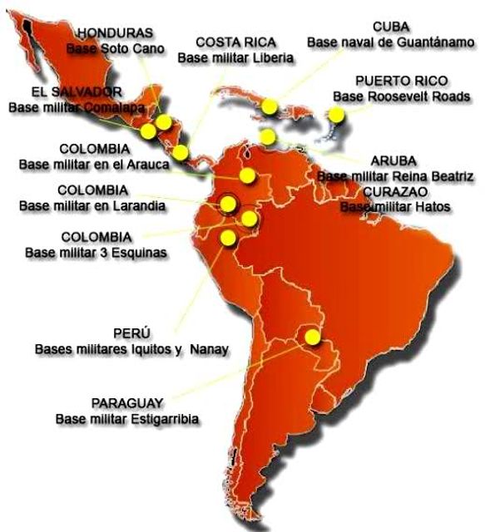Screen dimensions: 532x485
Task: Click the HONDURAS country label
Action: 115,32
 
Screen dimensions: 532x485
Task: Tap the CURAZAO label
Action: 396,191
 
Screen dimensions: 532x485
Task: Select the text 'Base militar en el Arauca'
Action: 94,165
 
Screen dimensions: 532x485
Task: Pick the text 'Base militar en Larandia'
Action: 92,204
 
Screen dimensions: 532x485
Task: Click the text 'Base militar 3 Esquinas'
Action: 96,251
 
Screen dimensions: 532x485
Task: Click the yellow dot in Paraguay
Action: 313,337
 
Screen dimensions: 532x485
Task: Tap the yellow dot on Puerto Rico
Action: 338,116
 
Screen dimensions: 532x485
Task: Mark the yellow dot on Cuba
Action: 269,107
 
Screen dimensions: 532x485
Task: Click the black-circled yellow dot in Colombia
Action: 227,204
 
